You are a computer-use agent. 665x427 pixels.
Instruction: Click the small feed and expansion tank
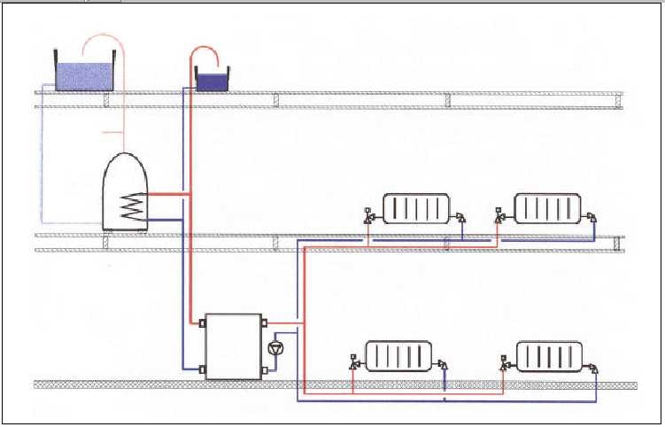(x=211, y=82)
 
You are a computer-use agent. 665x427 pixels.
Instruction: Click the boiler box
(x=233, y=346)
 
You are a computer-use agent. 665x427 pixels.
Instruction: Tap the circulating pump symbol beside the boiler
(x=274, y=347)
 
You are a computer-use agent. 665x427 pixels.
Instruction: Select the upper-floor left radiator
(x=415, y=210)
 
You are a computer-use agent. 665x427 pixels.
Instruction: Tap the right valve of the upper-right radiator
(x=592, y=215)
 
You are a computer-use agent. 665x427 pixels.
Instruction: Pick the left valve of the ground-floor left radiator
(x=354, y=361)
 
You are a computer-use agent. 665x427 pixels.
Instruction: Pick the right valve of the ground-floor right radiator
(x=594, y=363)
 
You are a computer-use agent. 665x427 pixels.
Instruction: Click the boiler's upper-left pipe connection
(x=202, y=323)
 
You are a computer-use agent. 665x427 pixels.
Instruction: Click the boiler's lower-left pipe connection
(x=202, y=369)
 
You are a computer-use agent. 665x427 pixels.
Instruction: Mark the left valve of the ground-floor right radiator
(x=504, y=361)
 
